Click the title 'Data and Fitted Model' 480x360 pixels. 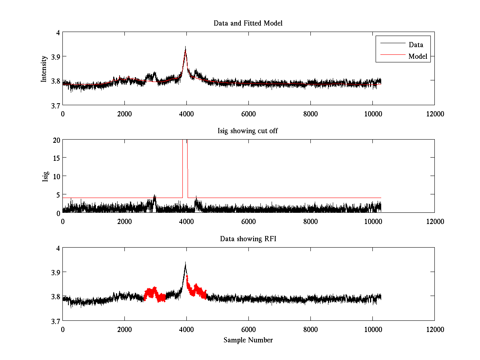[248, 23]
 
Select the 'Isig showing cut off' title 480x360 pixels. [248, 131]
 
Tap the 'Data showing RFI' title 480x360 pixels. [248, 239]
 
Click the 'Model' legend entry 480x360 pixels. [418, 56]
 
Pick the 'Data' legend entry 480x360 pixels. [416, 45]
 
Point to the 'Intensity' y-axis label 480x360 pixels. [44, 69]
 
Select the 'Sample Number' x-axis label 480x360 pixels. [248, 340]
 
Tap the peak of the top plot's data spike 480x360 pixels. [186, 47]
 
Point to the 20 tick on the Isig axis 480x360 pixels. [56, 140]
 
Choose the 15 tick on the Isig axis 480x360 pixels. [56, 158]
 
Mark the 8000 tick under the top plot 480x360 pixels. [310, 114]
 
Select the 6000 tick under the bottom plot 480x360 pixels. [248, 329]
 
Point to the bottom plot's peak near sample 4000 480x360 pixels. [186, 263]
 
